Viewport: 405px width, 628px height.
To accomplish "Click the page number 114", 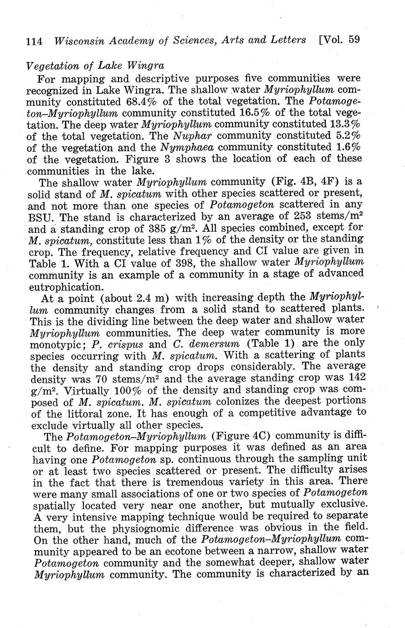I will click(34, 41).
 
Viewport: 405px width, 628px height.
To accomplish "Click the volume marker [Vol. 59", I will click(339, 40).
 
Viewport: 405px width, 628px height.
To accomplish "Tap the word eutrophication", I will click(65, 286).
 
